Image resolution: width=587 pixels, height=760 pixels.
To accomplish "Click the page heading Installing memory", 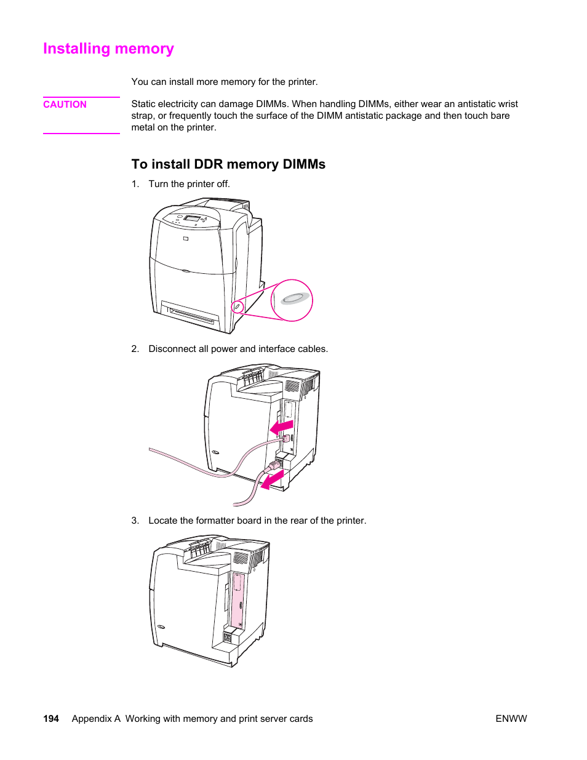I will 108,49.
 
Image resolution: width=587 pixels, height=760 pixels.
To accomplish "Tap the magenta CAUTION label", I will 65,105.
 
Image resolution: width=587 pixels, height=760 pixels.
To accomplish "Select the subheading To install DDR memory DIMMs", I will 228,164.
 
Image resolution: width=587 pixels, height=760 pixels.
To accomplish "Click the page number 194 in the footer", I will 51,718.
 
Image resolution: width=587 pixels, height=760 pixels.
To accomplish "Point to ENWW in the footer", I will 511,718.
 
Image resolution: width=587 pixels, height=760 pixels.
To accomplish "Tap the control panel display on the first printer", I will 192,219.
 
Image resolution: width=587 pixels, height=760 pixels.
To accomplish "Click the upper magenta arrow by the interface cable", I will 282,426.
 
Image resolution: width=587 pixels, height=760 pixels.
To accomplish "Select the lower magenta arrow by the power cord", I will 272,480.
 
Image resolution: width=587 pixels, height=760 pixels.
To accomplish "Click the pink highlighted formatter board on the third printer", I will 238,600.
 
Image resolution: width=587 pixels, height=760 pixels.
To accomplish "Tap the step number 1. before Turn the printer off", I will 135,184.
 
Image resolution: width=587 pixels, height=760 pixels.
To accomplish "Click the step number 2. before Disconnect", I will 135,349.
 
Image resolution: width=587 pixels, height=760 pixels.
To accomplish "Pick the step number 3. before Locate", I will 135,521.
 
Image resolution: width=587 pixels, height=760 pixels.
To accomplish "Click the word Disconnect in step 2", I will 172,349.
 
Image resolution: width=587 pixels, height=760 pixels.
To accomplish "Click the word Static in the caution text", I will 143,104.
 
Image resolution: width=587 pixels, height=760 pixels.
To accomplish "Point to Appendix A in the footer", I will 95,718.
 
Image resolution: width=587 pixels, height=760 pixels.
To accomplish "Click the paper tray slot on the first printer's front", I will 190,314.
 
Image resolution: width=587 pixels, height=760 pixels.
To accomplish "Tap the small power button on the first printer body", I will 237,306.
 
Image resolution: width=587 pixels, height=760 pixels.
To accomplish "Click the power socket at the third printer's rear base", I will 227,638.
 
